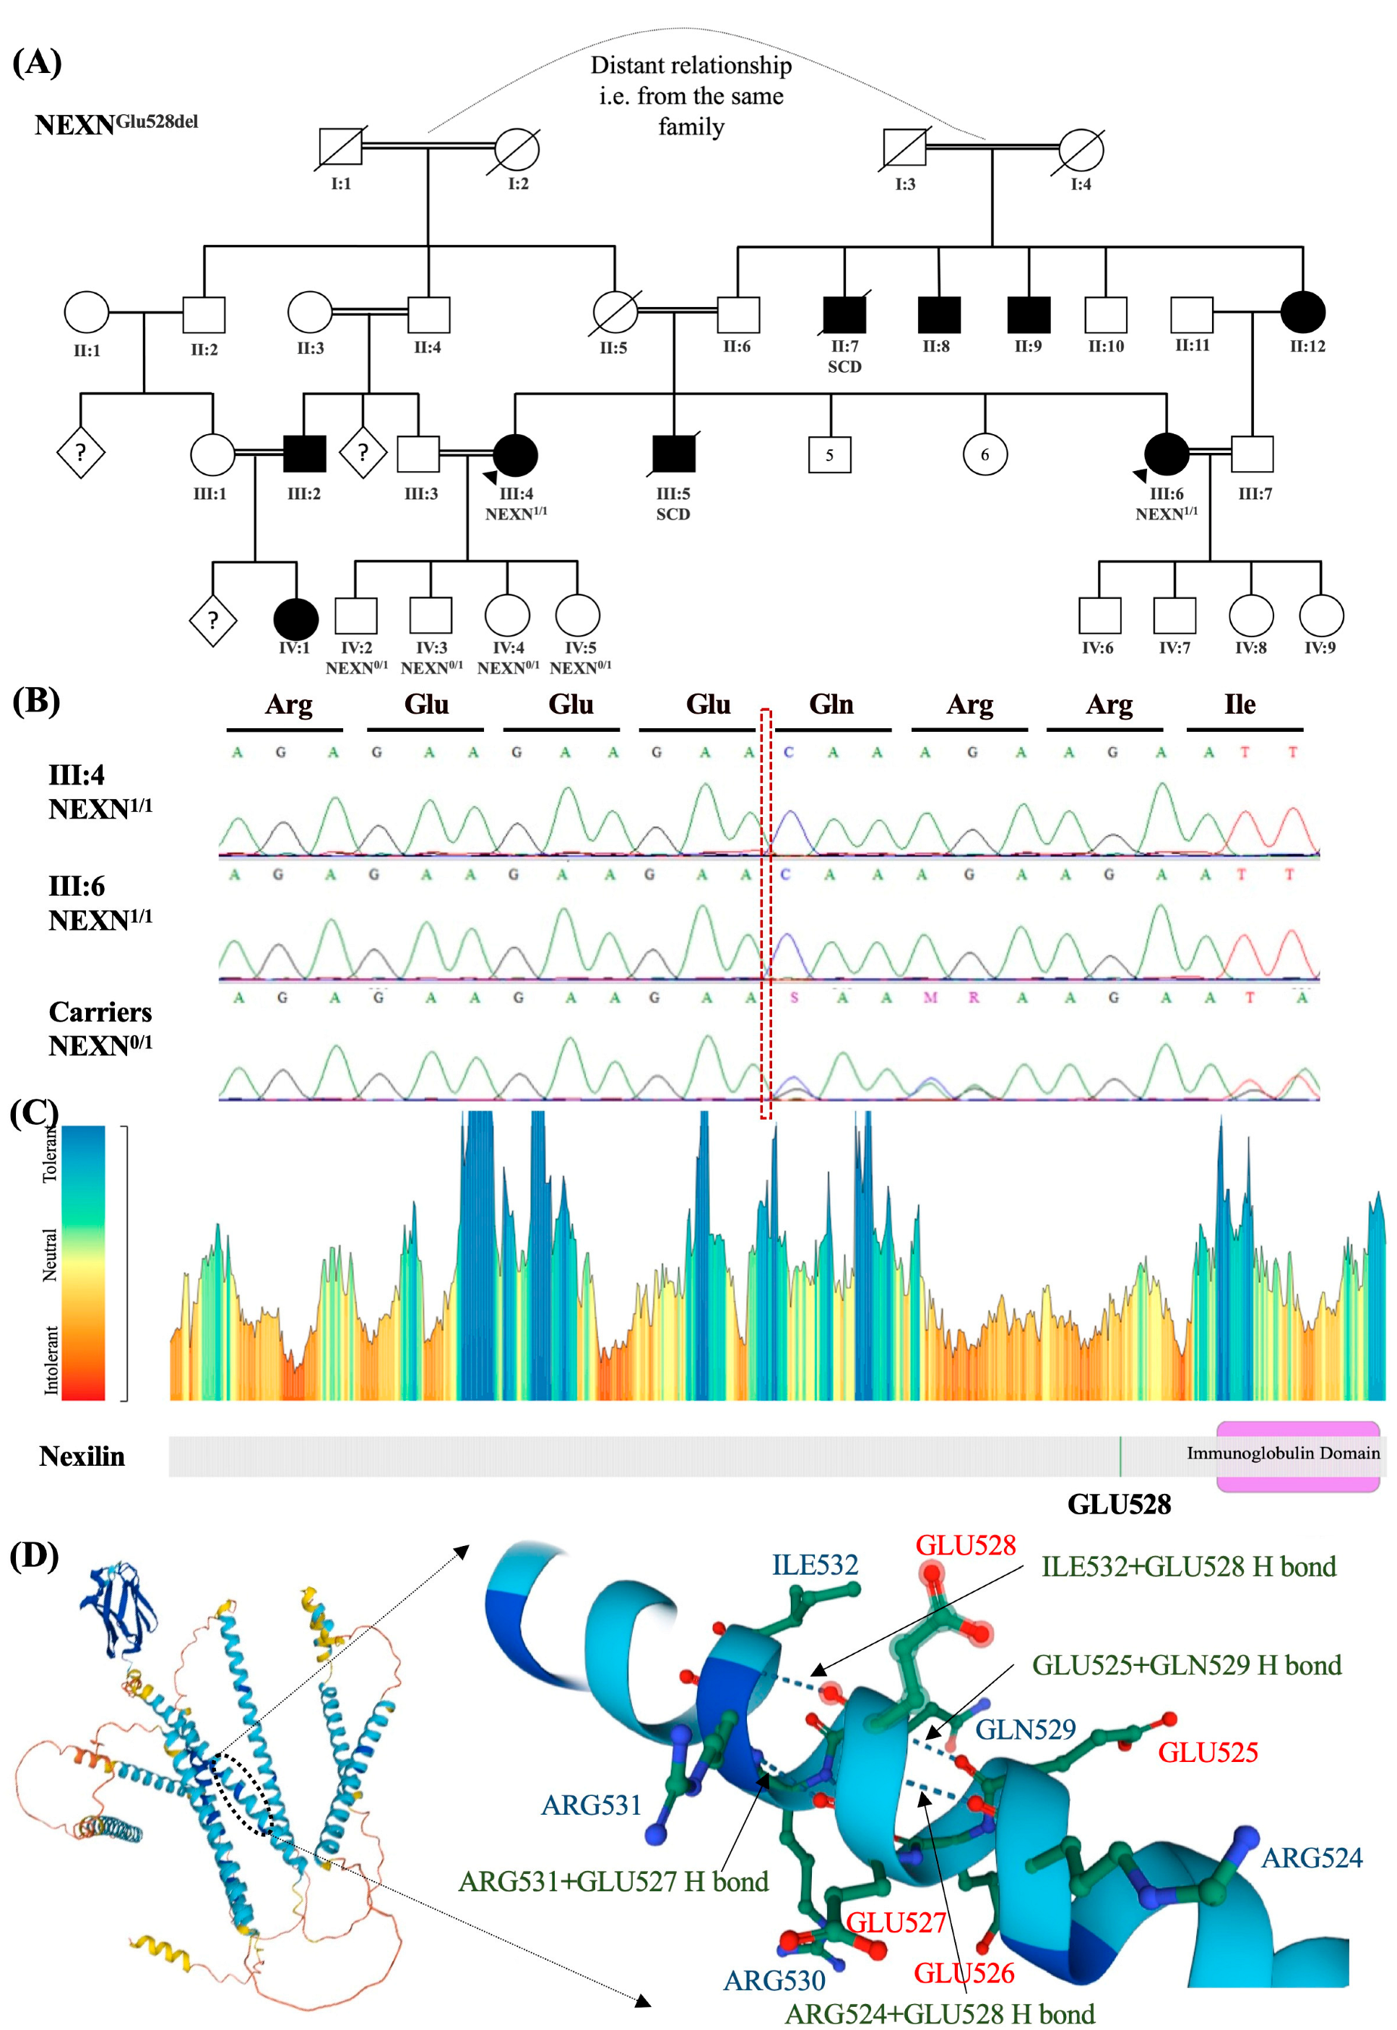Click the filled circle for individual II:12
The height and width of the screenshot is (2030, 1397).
pyautogui.click(x=1302, y=311)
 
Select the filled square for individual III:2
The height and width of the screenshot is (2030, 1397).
pyautogui.click(x=305, y=454)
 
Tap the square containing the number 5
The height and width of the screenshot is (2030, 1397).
pyautogui.click(x=829, y=454)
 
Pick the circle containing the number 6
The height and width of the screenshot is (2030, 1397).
pyautogui.click(x=985, y=454)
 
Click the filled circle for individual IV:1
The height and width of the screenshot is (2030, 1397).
pyautogui.click(x=296, y=619)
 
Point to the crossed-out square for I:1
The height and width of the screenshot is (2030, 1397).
pyautogui.click(x=340, y=146)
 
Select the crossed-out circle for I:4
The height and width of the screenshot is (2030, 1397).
pyautogui.click(x=1081, y=149)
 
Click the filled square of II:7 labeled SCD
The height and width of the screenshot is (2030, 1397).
pyautogui.click(x=844, y=314)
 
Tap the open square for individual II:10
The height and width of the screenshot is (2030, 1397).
pyautogui.click(x=1105, y=314)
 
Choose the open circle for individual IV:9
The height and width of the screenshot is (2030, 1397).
pyautogui.click(x=1321, y=616)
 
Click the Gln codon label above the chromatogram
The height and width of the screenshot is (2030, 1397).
pyautogui.click(x=831, y=704)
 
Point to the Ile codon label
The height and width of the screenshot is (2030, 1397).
pyautogui.click(x=1240, y=704)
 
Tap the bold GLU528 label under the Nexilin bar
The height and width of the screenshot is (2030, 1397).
pyautogui.click(x=1119, y=1505)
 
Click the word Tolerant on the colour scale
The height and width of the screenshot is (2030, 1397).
pyautogui.click(x=50, y=1154)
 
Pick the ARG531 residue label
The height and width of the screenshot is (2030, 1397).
pyautogui.click(x=591, y=1805)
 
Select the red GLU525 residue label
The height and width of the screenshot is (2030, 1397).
pyautogui.click(x=1208, y=1752)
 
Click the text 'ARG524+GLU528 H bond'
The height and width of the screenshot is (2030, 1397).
pyautogui.click(x=939, y=2013)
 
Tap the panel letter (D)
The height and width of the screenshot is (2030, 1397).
pyautogui.click(x=34, y=1555)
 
